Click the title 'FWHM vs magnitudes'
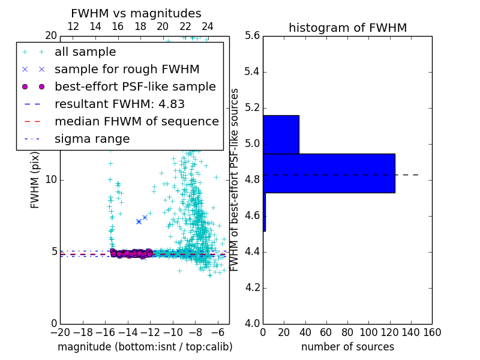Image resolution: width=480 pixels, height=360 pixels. coord(136,13)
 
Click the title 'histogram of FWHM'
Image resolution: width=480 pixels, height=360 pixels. coord(347,28)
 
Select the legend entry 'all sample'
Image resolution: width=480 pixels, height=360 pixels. coord(85,52)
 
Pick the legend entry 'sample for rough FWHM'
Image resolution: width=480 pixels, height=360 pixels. coord(127,70)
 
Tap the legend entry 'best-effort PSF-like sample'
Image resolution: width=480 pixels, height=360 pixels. coord(135,87)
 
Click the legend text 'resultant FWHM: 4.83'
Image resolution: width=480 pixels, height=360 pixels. coord(119,104)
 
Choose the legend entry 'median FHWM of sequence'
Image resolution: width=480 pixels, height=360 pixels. coord(136,122)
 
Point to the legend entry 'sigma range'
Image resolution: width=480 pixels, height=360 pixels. coord(92,139)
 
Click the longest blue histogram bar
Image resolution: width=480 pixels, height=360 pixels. coord(329,173)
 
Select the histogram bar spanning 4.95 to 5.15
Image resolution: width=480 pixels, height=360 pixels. coord(281,134)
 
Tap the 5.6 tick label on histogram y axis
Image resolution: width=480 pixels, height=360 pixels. coord(253,36)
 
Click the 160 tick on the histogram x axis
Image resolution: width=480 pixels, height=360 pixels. coord(431,332)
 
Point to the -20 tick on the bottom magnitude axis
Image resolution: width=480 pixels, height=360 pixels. coord(60,332)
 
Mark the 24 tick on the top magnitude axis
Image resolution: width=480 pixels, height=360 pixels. coord(208,26)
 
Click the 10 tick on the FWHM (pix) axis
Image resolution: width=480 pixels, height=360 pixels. coord(51,180)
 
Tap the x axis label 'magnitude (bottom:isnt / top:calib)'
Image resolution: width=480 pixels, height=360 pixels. coord(145,347)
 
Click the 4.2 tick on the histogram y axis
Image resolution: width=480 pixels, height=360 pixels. coord(253,288)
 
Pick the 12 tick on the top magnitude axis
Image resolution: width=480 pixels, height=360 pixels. coord(73,26)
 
